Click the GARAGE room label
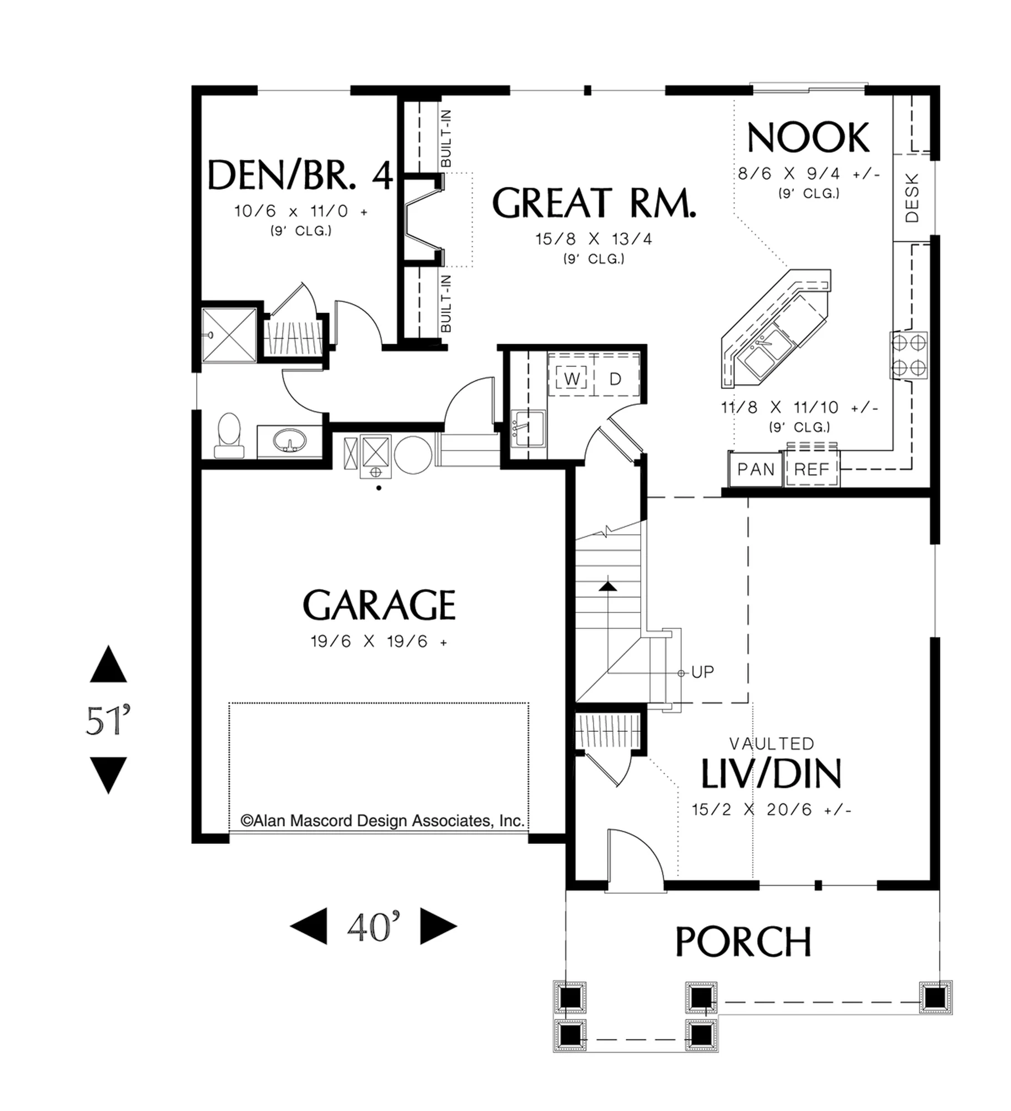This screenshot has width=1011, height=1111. click(379, 605)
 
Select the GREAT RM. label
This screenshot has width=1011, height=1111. click(593, 203)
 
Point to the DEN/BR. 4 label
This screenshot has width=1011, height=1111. click(300, 175)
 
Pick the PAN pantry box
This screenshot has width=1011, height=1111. click(755, 469)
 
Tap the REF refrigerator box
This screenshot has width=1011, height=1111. click(811, 469)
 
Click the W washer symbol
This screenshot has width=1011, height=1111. click(572, 379)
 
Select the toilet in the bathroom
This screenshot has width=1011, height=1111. click(229, 436)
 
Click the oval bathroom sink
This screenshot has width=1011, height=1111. click(289, 441)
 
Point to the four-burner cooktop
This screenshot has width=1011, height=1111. click(908, 355)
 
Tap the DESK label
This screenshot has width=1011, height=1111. click(912, 198)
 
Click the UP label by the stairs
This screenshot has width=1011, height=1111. click(702, 672)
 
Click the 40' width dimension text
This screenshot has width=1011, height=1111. click(374, 926)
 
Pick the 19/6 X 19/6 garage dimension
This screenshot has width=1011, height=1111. click(379, 642)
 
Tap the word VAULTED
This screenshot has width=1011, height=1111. click(772, 743)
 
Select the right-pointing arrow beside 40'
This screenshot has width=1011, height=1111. click(439, 926)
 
